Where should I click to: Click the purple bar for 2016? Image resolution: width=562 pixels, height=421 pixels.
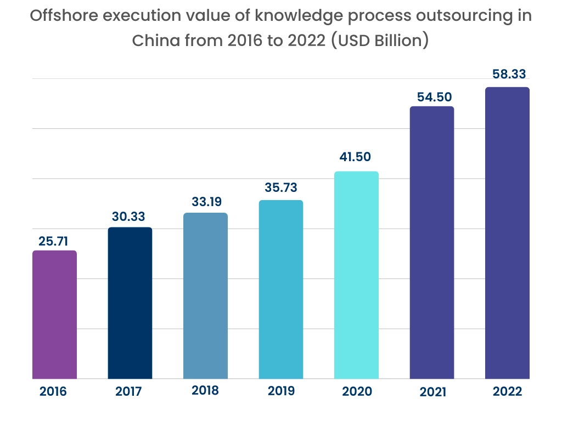(x=54, y=315)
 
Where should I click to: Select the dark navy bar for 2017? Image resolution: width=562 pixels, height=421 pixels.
(x=130, y=303)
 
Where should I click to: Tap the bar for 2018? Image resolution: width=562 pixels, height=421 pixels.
(x=205, y=296)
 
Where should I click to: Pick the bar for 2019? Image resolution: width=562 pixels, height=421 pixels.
(x=281, y=289)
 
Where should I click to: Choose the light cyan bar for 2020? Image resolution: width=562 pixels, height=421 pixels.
(x=356, y=275)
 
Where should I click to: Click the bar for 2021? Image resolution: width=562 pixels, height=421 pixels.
(x=432, y=242)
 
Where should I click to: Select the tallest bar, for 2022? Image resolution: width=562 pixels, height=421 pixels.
(x=507, y=233)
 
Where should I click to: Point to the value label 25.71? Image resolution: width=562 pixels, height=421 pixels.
(x=54, y=241)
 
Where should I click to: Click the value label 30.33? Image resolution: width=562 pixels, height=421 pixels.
(x=130, y=217)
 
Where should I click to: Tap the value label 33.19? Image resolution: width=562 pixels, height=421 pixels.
(x=205, y=202)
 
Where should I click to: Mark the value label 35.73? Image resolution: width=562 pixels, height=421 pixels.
(x=281, y=188)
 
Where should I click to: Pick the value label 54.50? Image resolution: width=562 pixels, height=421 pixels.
(x=432, y=96)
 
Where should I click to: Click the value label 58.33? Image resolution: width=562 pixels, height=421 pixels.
(x=507, y=75)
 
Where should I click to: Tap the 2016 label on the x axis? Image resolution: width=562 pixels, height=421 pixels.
(x=53, y=392)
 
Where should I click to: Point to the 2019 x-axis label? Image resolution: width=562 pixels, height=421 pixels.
(x=281, y=391)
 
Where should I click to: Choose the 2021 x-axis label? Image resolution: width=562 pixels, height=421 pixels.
(x=431, y=392)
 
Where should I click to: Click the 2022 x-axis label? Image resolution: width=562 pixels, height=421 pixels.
(x=507, y=392)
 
